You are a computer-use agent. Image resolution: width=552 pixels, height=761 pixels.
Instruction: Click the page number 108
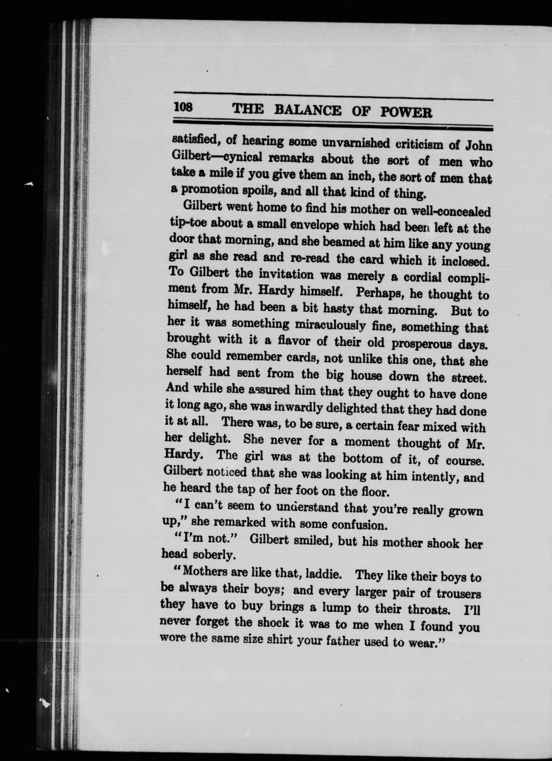183,107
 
